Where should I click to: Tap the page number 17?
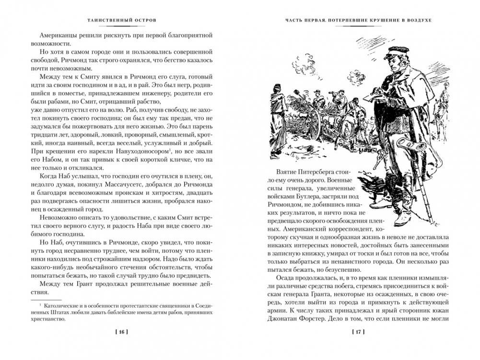pyautogui.click(x=360, y=332)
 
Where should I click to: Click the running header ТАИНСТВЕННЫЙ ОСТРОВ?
pyautogui.click(x=120, y=21)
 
